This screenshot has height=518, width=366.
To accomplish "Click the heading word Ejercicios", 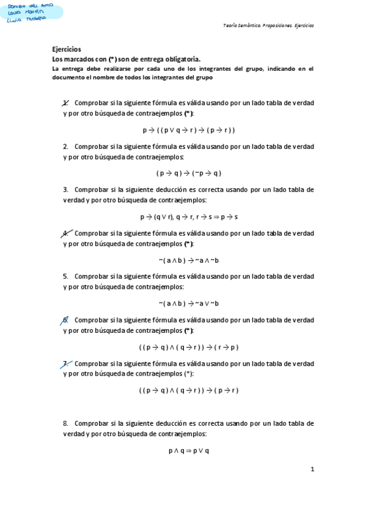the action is click(67, 49).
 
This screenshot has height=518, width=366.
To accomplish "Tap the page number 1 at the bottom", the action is click(312, 469).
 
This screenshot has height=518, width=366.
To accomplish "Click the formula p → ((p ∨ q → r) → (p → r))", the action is click(189, 130).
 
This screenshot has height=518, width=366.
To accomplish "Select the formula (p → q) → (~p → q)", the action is click(189, 173).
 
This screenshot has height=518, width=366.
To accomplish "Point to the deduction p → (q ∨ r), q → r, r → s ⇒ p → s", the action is click(189, 217).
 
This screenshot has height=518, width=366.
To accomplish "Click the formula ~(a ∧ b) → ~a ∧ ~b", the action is click(189, 260).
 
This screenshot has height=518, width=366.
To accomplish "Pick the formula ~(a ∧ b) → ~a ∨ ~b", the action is click(189, 304).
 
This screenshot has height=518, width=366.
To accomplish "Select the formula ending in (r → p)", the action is click(189, 347).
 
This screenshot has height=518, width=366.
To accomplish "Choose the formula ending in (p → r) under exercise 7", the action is click(189, 390).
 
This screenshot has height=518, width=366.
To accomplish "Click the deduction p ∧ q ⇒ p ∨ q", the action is click(189, 451).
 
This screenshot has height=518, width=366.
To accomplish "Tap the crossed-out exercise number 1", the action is click(65, 103).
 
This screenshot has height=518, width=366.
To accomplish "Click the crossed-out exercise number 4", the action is click(65, 233).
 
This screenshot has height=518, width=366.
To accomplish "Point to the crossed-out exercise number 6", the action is click(65, 319).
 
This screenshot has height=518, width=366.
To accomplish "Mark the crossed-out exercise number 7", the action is click(65, 363).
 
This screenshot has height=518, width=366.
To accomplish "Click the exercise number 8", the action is click(65, 423).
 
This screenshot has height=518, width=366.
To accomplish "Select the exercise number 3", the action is click(65, 189).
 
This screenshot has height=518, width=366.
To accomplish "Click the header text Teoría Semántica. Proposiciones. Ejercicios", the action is click(268, 26).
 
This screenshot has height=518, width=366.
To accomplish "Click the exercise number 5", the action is click(65, 276).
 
